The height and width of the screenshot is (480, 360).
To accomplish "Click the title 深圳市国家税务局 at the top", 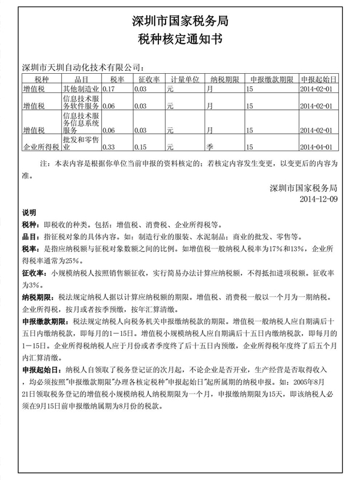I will tap(180, 21).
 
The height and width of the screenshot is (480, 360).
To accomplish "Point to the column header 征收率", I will tap(148, 79).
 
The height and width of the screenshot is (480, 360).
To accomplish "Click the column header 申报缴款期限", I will tap(271, 79).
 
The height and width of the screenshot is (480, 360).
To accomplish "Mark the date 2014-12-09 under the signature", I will tap(319, 198).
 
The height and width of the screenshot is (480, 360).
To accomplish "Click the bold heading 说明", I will tap(29, 212).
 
